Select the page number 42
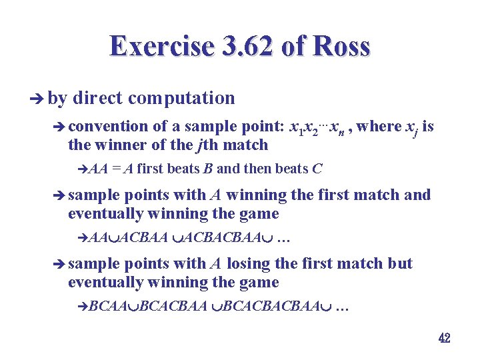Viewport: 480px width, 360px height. pyautogui.click(x=444, y=338)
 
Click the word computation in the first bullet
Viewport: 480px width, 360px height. pyautogui.click(x=181, y=99)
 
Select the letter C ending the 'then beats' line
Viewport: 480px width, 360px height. pyautogui.click(x=317, y=169)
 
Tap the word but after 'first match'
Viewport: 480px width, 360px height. pyautogui.click(x=400, y=264)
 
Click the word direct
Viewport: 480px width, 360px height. pyautogui.click(x=98, y=99)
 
